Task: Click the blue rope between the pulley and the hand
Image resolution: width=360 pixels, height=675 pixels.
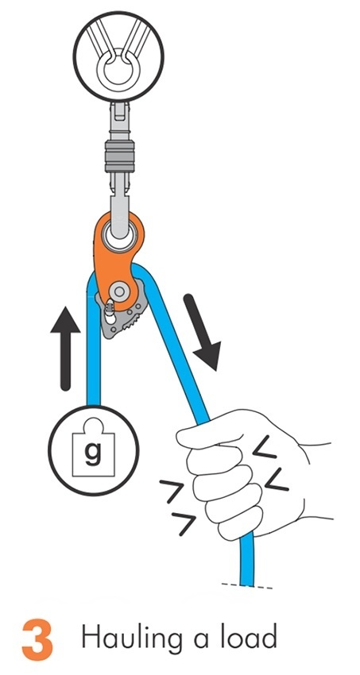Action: pos(179,357)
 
